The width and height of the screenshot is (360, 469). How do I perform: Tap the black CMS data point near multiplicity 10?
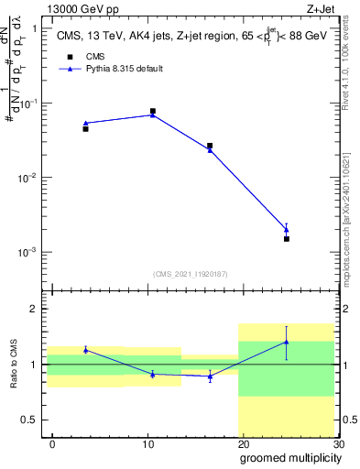pos(152,111)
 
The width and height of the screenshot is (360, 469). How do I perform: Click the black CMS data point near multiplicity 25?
pos(287,238)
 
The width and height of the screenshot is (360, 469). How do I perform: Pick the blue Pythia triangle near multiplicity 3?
pos(85,123)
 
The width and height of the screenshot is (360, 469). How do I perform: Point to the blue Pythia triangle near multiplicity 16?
pos(210,149)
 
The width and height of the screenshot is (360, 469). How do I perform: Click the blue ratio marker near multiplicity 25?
pos(287,342)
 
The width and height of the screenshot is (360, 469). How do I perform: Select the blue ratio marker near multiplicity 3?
pos(85,350)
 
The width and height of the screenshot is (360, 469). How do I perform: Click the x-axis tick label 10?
pos(147,443)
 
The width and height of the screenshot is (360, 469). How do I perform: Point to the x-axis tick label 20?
pos(243,443)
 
